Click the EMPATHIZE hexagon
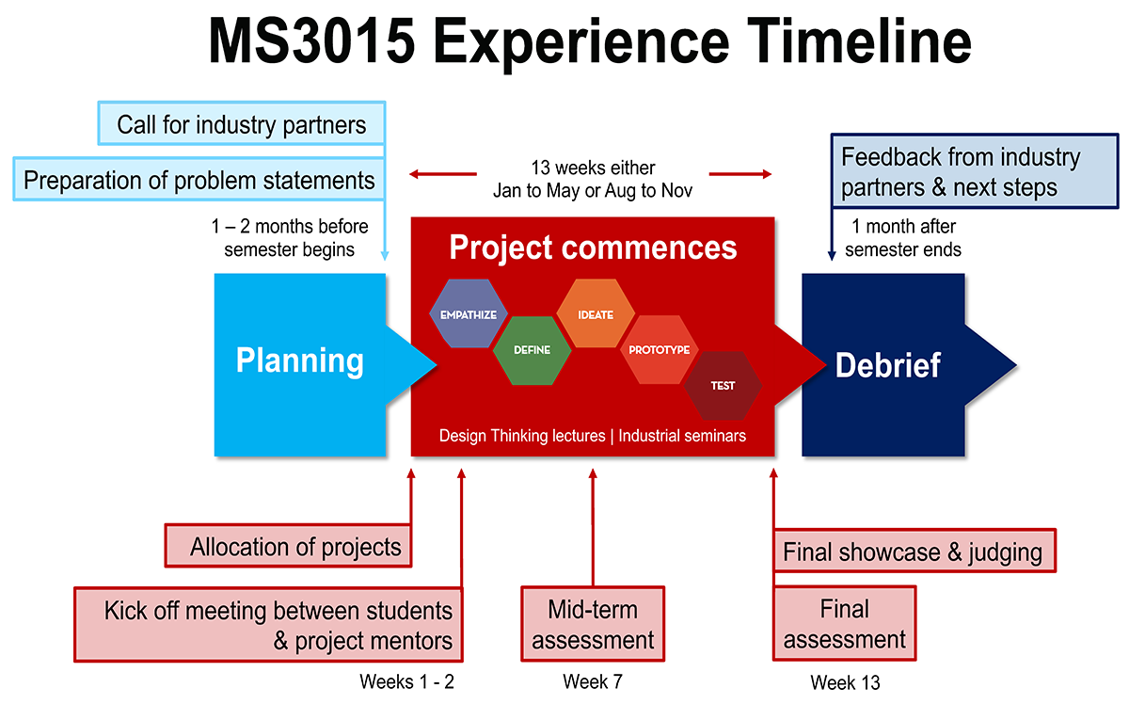pos(469,314)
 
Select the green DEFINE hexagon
pos(532,350)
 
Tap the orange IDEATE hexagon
pos(596,314)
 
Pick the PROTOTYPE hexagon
pos(659,350)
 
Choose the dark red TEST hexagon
pos(723,385)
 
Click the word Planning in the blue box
pos(299,360)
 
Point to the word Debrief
pos(887,365)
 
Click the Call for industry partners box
pos(242,124)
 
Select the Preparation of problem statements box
pos(199,179)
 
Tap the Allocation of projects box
pos(295,547)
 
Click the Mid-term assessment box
pos(593,625)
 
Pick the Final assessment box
pos(844,625)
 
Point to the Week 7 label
pos(593,681)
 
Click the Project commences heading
pos(593,248)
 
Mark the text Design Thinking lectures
pos(522,436)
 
